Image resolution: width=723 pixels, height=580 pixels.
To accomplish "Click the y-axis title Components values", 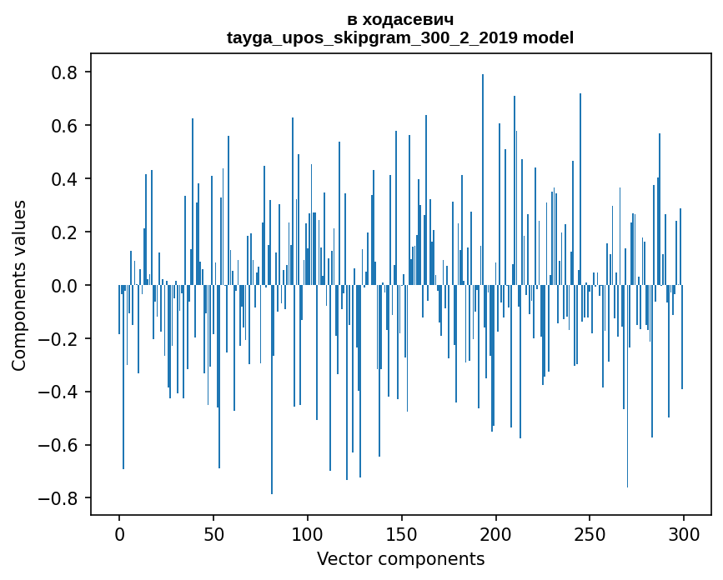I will (19, 285).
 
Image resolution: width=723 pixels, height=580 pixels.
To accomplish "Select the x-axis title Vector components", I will (400, 558).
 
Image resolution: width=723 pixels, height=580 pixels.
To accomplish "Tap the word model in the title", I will (548, 37).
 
